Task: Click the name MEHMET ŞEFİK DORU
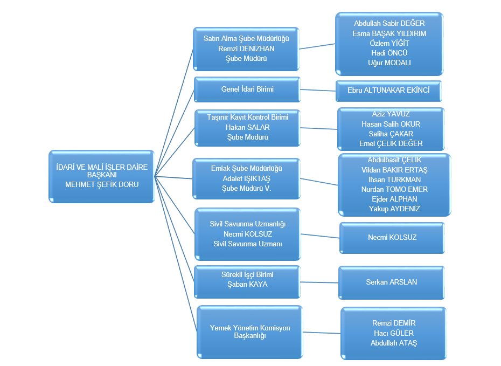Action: pos(101,184)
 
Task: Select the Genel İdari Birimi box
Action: pos(247,89)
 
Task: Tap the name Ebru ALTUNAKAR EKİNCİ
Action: pos(389,91)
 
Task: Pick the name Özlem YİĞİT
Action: pos(389,43)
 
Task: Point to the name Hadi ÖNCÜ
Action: pos(389,53)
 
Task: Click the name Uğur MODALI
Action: pos(389,63)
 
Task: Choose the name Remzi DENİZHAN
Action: pos(246,49)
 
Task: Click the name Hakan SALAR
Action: pos(247,127)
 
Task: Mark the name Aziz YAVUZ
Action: pos(391,114)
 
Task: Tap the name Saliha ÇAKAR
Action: pos(391,134)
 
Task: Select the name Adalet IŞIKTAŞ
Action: pos(246,178)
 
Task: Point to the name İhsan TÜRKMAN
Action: pos(394,179)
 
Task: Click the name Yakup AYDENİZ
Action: pos(394,209)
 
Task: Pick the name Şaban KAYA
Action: pos(247,284)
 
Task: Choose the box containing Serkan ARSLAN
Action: pos(392,282)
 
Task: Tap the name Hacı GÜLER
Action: pos(394,333)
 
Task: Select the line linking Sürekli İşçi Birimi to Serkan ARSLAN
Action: pos(319,281)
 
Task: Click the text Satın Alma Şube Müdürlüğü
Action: pos(246,39)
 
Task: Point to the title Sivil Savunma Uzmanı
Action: pos(247,244)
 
